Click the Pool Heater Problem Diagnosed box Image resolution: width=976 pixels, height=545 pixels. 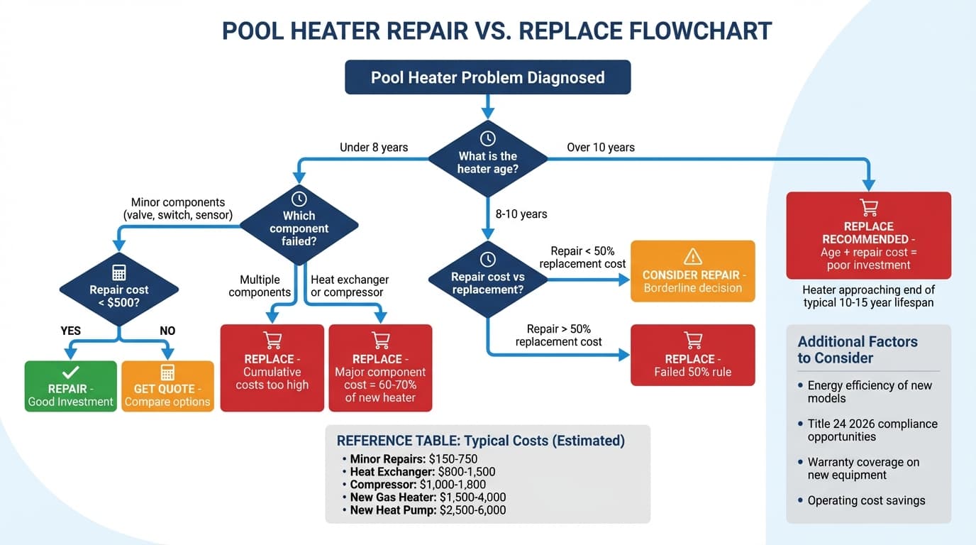pyautogui.click(x=487, y=77)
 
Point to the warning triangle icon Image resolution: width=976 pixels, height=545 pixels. pyautogui.click(x=692, y=257)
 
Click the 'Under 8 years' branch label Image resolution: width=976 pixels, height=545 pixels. pyautogui.click(x=374, y=148)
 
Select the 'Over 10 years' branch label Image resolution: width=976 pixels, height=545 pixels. pyautogui.click(x=600, y=148)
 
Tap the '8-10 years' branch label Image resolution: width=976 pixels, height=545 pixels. pyautogui.click(x=521, y=214)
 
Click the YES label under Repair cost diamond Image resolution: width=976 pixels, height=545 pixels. pyautogui.click(x=71, y=331)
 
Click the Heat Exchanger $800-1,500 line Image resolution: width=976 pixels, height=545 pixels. pyautogui.click(x=423, y=472)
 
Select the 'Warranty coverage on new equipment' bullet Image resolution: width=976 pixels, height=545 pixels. pyautogui.click(x=863, y=468)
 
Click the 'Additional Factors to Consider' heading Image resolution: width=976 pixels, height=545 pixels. pyautogui.click(x=857, y=350)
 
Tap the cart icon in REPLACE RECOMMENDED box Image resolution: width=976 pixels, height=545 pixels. pyautogui.click(x=868, y=207)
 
